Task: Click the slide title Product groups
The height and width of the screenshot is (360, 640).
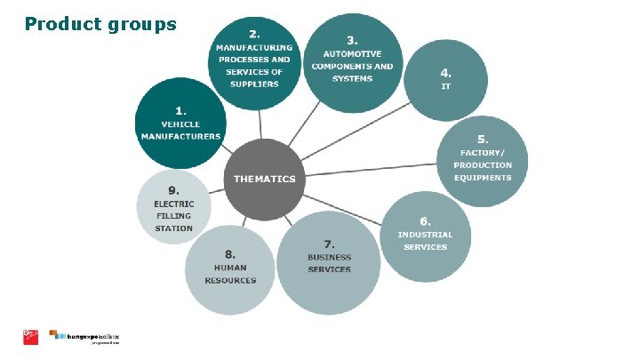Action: click(100, 24)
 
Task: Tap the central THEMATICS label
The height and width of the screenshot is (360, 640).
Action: click(264, 179)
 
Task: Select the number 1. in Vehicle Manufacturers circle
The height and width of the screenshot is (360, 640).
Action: click(180, 110)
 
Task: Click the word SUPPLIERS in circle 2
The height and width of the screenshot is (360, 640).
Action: click(254, 84)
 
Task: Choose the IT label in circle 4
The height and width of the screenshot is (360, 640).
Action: click(445, 86)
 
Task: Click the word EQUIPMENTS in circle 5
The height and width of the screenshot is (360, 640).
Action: click(483, 178)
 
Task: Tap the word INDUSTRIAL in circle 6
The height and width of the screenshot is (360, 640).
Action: click(425, 235)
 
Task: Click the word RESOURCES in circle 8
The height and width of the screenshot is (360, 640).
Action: click(229, 280)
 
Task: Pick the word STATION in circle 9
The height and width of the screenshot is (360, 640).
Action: click(173, 228)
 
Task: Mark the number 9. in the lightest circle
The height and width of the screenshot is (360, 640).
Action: click(173, 189)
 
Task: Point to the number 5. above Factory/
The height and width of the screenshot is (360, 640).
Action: click(483, 140)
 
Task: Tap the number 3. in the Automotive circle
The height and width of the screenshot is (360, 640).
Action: click(351, 40)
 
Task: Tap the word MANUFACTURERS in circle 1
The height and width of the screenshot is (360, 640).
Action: click(180, 136)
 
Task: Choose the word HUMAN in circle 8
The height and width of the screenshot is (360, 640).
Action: click(229, 268)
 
